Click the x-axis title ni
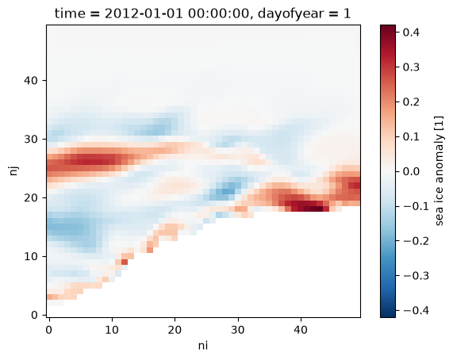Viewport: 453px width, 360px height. (x=203, y=346)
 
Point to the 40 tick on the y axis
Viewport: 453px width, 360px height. (x=31, y=80)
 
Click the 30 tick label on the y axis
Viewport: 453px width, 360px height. (x=31, y=139)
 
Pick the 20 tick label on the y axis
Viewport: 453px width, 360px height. (x=31, y=197)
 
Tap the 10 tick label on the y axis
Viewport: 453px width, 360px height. (x=31, y=256)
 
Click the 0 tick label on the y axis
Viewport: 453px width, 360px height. (x=35, y=315)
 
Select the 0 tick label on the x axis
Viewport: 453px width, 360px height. (x=49, y=329)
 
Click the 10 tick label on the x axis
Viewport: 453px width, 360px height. (x=112, y=329)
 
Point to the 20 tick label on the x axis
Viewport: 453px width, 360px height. (x=175, y=329)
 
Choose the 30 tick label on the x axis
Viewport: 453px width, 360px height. (x=238, y=329)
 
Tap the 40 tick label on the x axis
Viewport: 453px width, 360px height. (x=301, y=329)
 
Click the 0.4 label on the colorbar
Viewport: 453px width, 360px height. (x=411, y=32)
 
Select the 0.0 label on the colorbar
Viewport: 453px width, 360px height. (x=411, y=171)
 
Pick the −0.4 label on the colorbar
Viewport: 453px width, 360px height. (x=416, y=311)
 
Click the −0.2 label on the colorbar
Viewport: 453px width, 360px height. (x=416, y=241)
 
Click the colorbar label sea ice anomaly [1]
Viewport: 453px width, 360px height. (x=439, y=171)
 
